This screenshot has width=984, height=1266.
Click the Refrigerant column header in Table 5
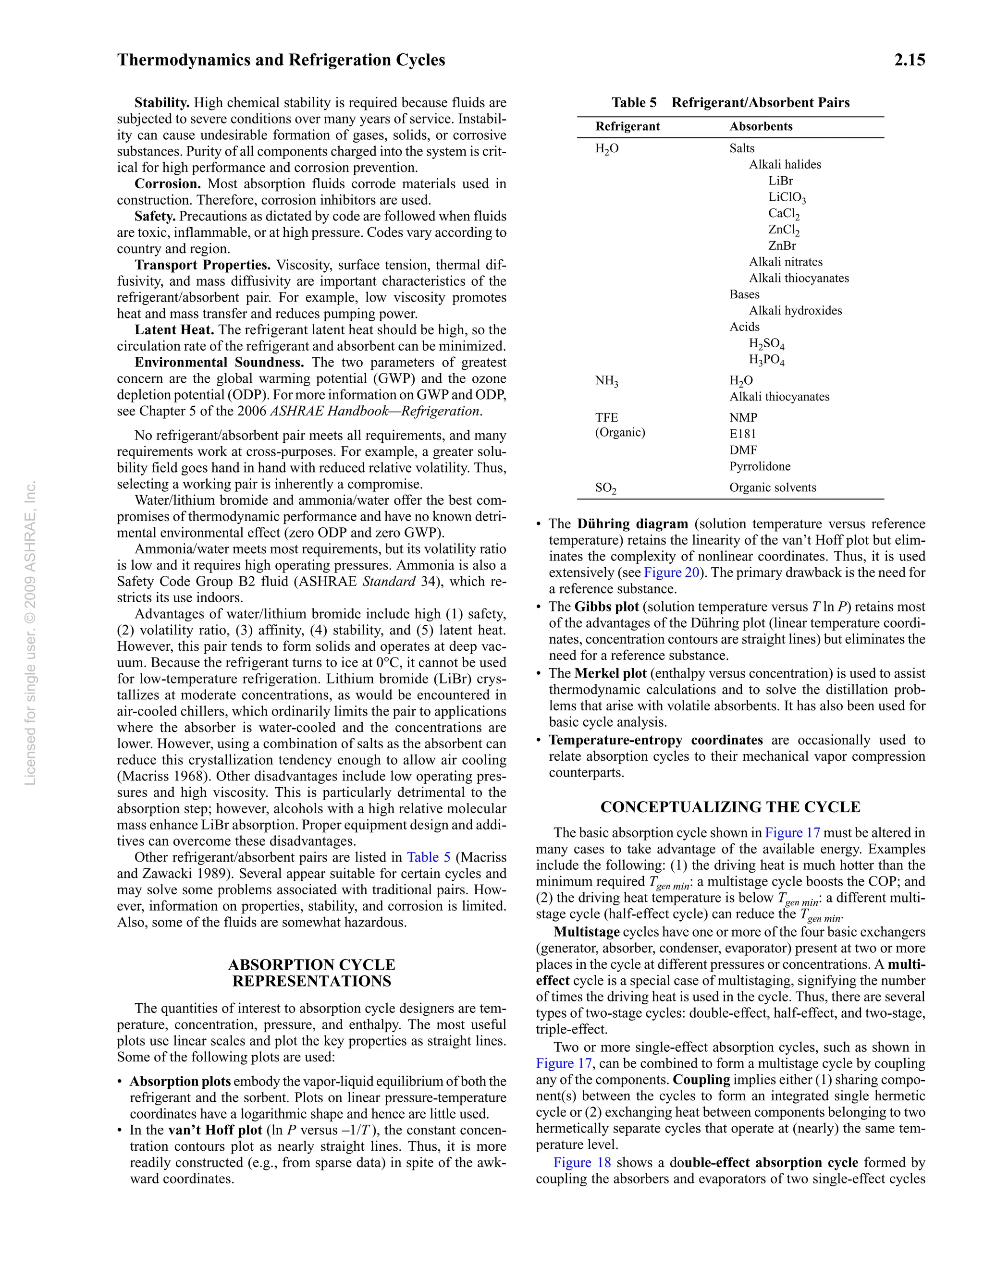pyautogui.click(x=627, y=126)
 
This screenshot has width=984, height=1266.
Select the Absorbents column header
pyautogui.click(x=760, y=126)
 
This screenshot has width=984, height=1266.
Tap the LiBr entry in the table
pyautogui.click(x=780, y=181)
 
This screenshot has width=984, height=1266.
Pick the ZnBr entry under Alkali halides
pyautogui.click(x=782, y=246)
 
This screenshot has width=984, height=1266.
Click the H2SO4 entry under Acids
pyautogui.click(x=766, y=344)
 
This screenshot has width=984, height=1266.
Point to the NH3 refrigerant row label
pyautogui.click(x=606, y=381)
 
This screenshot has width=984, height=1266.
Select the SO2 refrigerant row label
pyautogui.click(x=605, y=488)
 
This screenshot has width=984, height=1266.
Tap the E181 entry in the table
pyautogui.click(x=742, y=434)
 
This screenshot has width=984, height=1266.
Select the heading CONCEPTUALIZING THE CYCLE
pyautogui.click(x=730, y=807)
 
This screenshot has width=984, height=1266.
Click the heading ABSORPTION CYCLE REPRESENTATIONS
pyautogui.click(x=311, y=973)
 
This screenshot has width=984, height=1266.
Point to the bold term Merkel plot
pyautogui.click(x=610, y=673)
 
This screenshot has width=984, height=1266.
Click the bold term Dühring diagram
pyautogui.click(x=632, y=524)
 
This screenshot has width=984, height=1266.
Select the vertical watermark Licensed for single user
pyautogui.click(x=30, y=633)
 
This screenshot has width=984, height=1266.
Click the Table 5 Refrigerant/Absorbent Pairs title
pyautogui.click(x=730, y=103)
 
